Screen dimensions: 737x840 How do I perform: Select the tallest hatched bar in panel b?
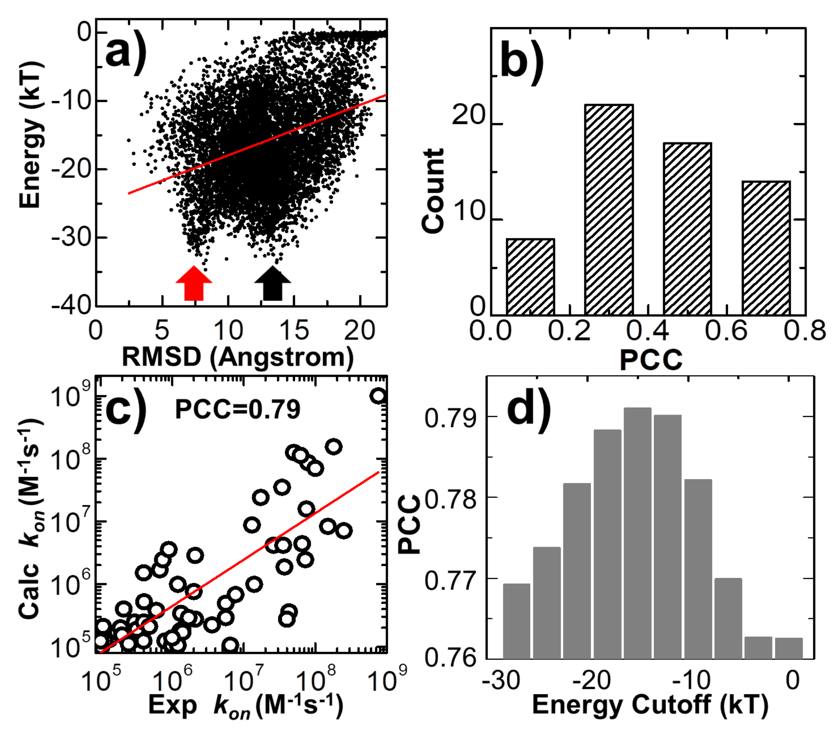pyautogui.click(x=609, y=210)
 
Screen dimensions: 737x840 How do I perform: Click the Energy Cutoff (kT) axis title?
pyautogui.click(x=650, y=705)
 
